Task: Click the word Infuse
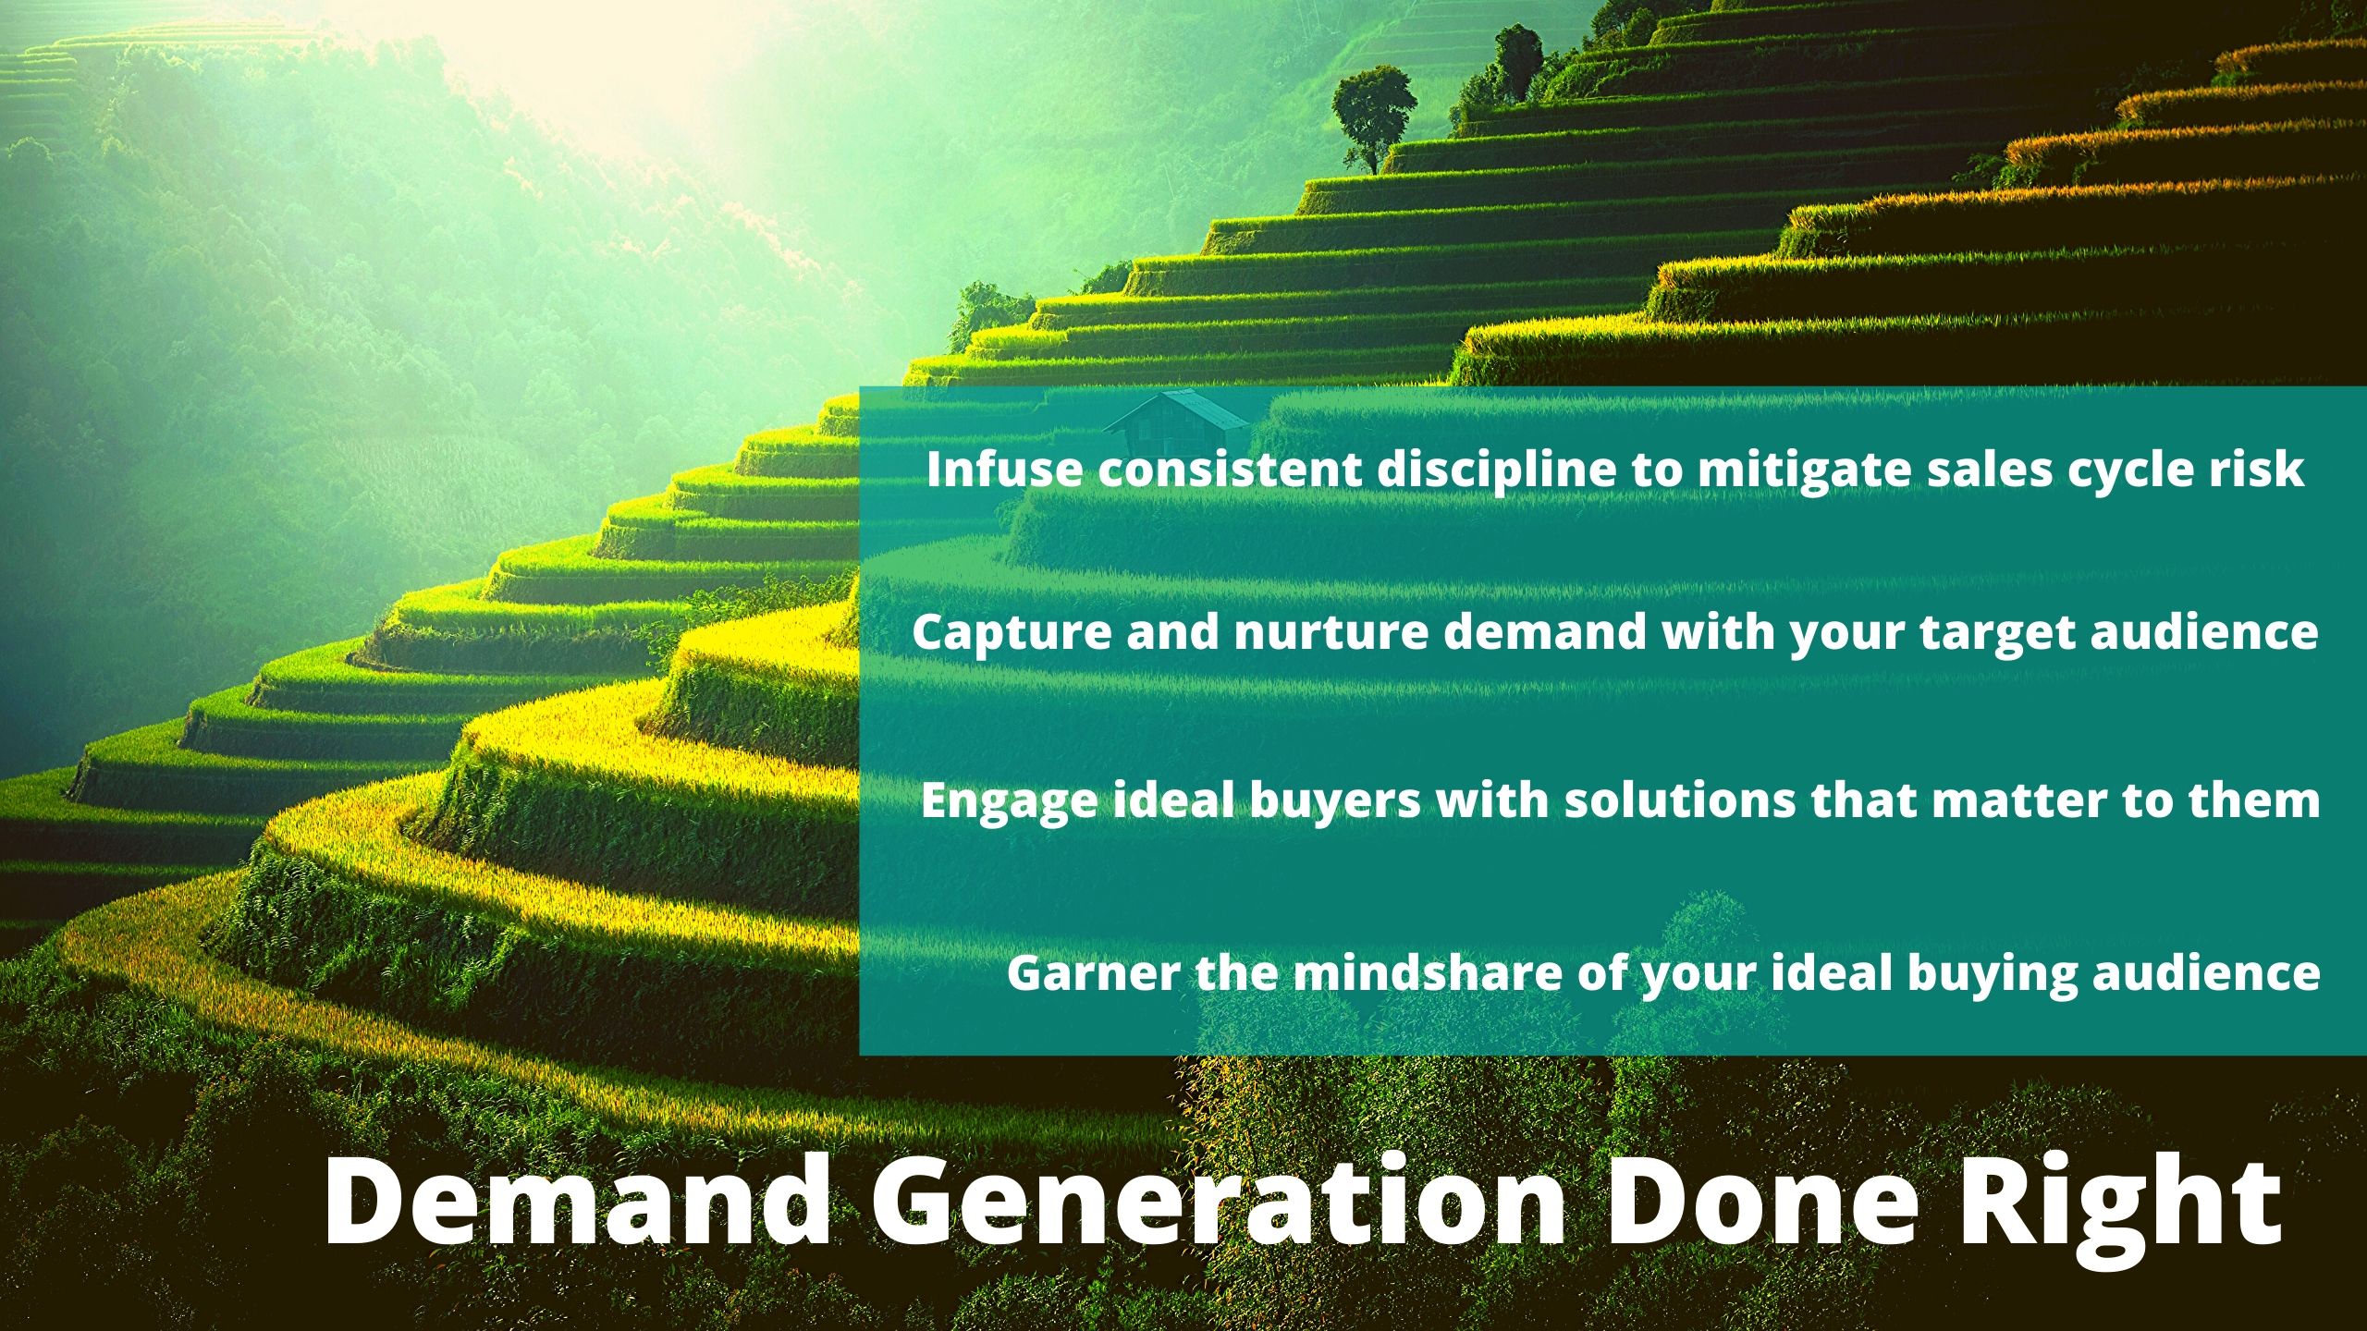(x=1004, y=469)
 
